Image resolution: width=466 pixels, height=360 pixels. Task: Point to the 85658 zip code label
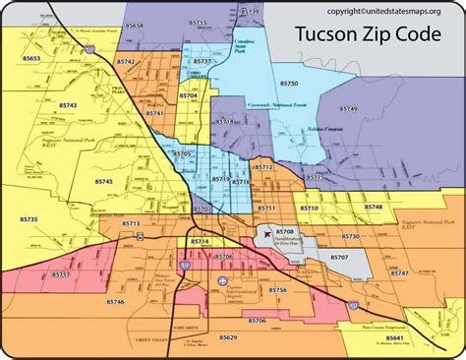pos(136,25)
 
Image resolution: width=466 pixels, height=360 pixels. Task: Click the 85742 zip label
pos(126,62)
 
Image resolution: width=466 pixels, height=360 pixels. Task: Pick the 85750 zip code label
pos(288,86)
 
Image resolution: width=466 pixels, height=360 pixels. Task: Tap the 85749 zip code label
pos(349,108)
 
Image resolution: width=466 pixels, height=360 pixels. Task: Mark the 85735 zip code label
pos(27,219)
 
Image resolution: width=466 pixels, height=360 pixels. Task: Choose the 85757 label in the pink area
pos(60,274)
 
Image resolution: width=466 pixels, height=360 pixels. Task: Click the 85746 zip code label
pos(115,301)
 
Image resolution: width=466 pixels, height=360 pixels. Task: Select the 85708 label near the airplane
pos(284,231)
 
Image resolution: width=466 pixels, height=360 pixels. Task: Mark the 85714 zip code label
pos(201,241)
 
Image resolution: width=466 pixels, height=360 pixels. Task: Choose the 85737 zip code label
pos(202,61)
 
